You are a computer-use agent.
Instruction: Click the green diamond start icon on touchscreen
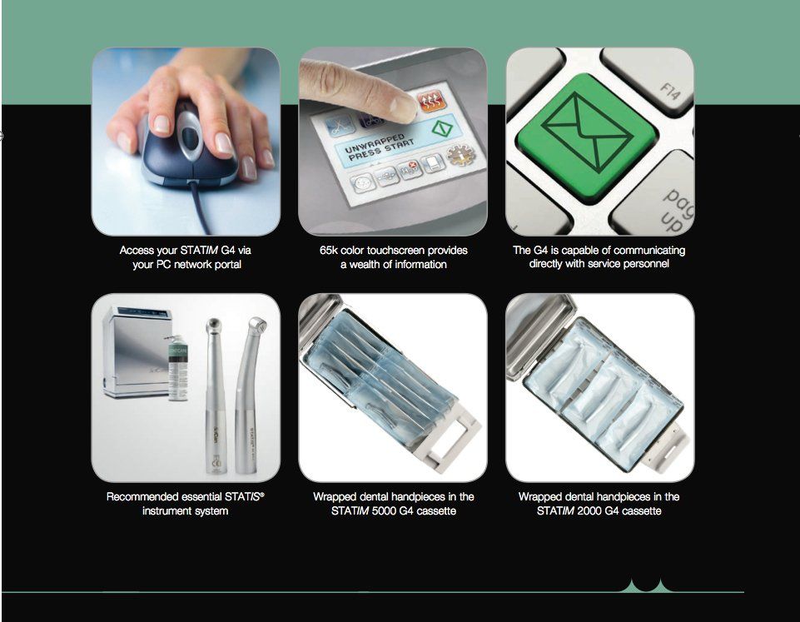(x=442, y=127)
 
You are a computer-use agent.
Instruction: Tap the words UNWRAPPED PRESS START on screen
(x=378, y=147)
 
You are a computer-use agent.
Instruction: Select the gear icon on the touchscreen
(x=460, y=155)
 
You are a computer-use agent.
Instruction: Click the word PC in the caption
(x=163, y=264)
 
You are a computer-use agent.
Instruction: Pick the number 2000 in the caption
(x=589, y=510)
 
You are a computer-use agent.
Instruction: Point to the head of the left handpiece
(x=213, y=326)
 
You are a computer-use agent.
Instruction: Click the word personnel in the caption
(x=646, y=264)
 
